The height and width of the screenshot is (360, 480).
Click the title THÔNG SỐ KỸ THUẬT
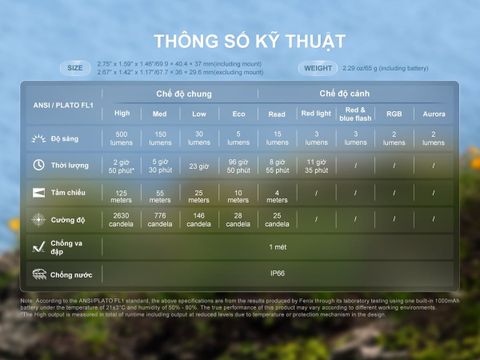coord(250,41)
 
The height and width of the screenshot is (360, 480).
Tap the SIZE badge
coord(76,68)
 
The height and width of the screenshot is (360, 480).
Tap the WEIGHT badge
coord(317,68)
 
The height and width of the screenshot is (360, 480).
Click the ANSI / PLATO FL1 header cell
coord(62,104)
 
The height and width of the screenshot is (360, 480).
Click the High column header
coord(122,113)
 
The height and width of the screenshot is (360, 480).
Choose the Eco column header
coord(238,113)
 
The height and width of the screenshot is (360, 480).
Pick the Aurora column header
coord(434,113)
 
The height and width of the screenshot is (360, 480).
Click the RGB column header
coord(394,113)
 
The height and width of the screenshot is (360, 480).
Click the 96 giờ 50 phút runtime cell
coord(238,165)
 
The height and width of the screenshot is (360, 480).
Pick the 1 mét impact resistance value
coord(277,245)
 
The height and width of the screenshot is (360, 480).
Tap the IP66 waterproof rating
coord(277,272)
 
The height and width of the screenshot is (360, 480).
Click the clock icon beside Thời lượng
coord(38,165)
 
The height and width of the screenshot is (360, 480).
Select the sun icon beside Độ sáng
coord(38,137)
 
